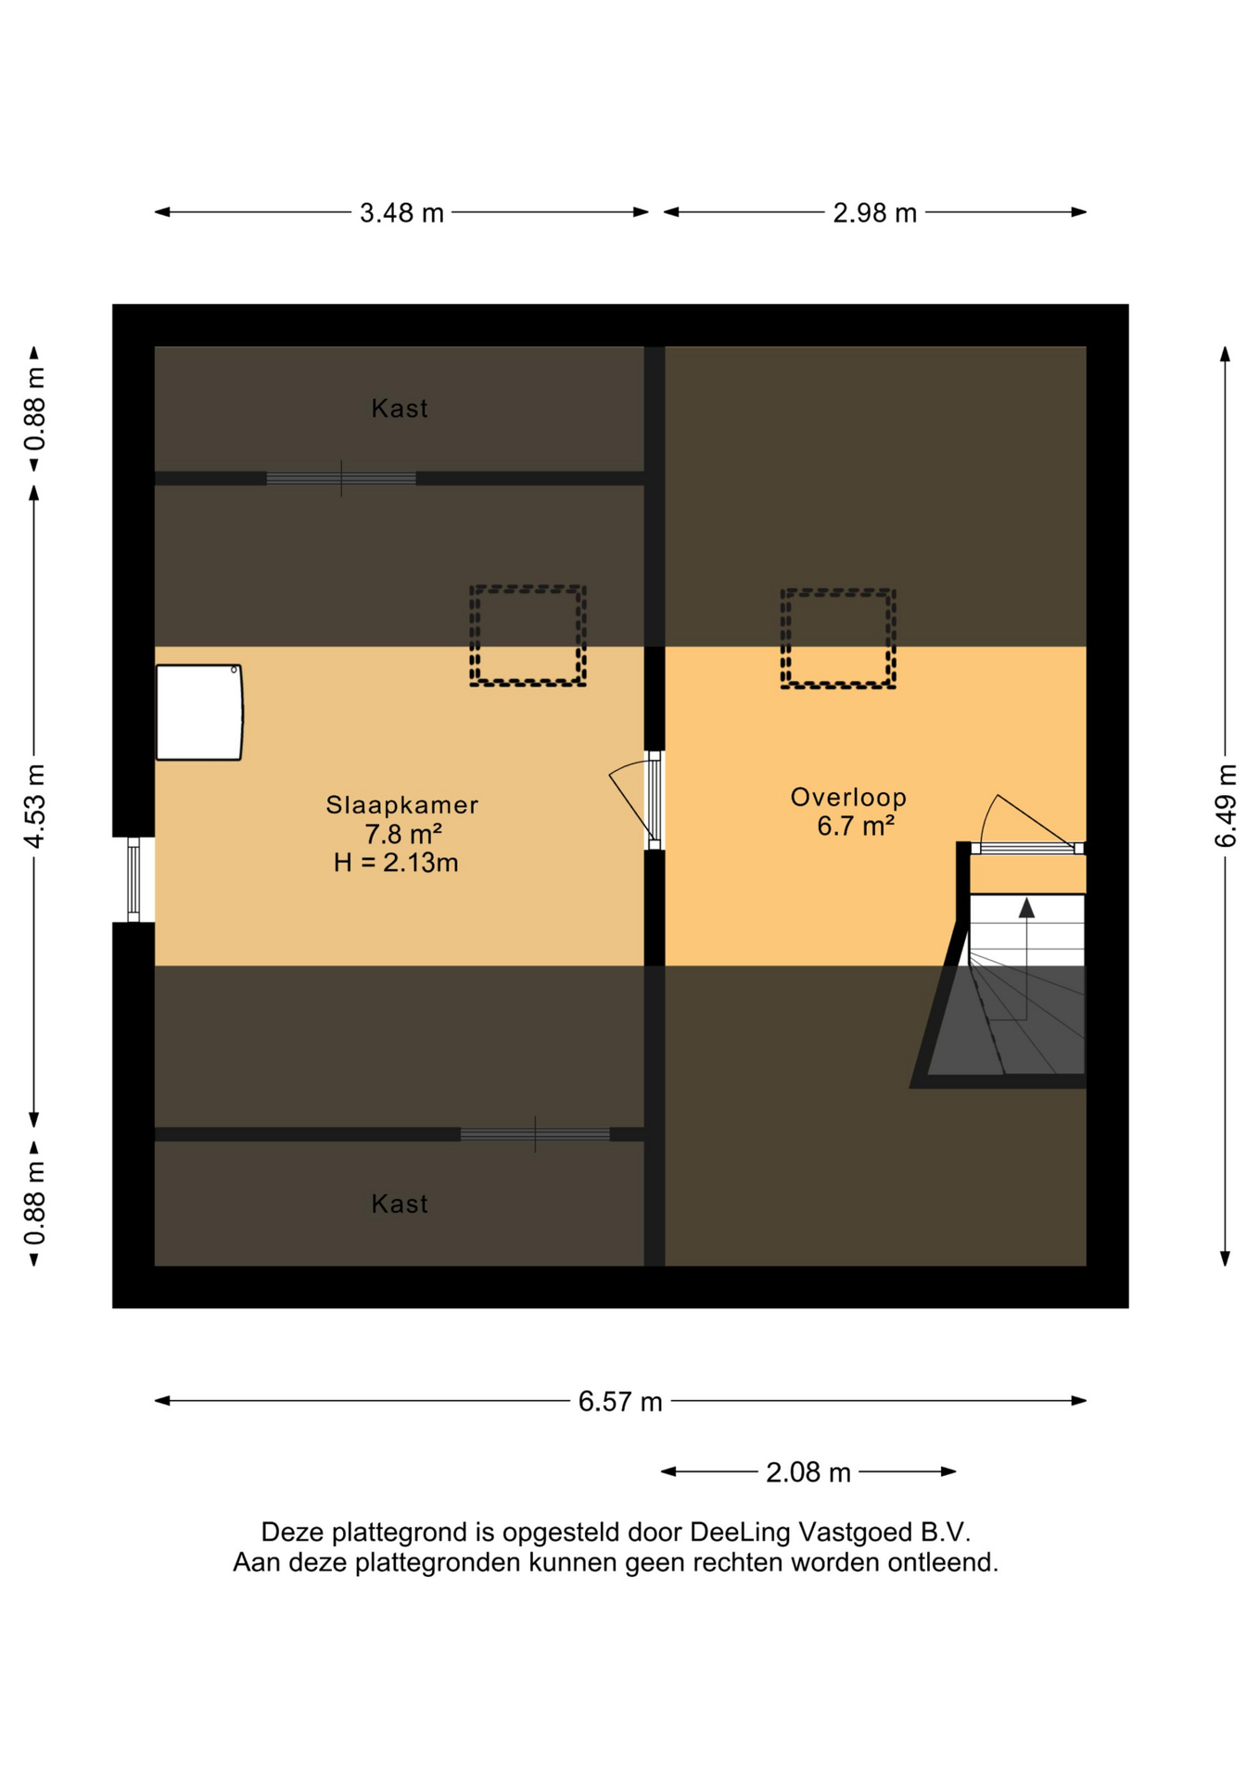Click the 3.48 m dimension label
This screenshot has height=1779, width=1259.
[401, 213]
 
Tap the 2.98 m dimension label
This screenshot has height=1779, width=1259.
[874, 213]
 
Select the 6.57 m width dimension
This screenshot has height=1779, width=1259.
[620, 1402]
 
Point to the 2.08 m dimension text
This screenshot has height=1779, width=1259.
[808, 1472]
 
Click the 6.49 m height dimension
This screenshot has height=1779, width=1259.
[1226, 806]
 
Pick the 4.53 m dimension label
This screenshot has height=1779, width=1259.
[34, 806]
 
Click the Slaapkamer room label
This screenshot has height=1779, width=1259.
[402, 805]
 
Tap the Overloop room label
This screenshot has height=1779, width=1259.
[848, 797]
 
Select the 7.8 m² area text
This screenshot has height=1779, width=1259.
[402, 834]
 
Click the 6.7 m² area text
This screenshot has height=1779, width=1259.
[855, 826]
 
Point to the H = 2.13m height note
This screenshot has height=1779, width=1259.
[396, 863]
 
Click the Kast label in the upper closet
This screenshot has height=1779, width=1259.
[400, 409]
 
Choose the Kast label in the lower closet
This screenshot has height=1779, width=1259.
[400, 1204]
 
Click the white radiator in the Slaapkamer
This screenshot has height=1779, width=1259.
[199, 713]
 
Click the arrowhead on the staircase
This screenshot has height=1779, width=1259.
[1026, 908]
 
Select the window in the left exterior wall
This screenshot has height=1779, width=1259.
[134, 879]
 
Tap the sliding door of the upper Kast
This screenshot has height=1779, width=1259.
[341, 479]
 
